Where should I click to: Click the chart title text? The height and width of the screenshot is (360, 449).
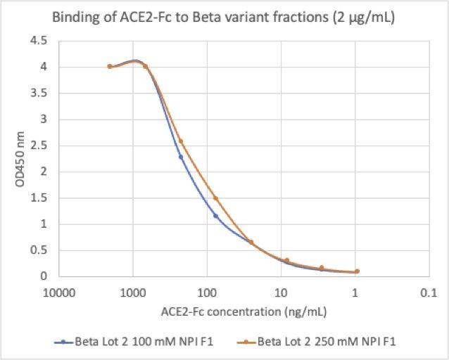coord(224,18)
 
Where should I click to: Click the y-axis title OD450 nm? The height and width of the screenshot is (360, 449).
coord(21,159)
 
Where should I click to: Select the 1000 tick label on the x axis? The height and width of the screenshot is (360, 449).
coord(133,291)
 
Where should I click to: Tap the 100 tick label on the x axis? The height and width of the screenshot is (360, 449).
coord(207,291)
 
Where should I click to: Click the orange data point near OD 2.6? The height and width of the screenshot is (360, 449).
coord(181,141)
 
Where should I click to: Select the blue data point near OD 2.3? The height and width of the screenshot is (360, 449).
coord(181,157)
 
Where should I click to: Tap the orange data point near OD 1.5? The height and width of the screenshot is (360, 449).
coord(216,198)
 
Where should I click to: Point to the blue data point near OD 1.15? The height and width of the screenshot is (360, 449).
coord(216,215)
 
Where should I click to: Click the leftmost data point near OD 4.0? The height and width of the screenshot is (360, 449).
coord(110,67)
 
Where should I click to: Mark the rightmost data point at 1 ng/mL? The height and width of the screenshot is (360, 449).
coord(357,271)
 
